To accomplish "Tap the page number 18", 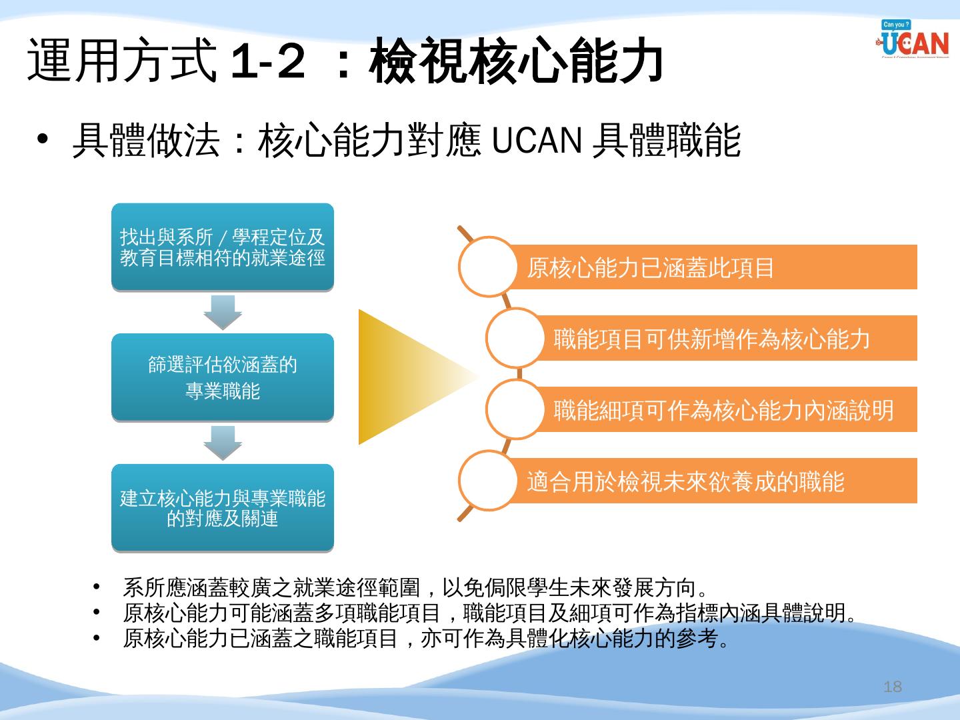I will pyautogui.click(x=892, y=687).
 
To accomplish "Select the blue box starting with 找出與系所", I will pyautogui.click(x=222, y=247).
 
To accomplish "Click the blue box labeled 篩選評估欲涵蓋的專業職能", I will pyautogui.click(x=222, y=377).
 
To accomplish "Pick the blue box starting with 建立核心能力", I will pyautogui.click(x=222, y=508).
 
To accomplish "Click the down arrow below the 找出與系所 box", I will pyautogui.click(x=222, y=312).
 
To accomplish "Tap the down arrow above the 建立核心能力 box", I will pyautogui.click(x=222, y=443).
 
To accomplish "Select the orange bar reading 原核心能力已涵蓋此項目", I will pyautogui.click(x=713, y=267).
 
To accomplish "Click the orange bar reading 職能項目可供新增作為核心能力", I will pyautogui.click(x=727, y=339).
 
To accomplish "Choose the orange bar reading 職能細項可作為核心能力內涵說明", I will pyautogui.click(x=727, y=410).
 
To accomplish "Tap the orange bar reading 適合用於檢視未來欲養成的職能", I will pyautogui.click(x=713, y=481).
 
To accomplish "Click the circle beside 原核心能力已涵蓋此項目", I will pyautogui.click(x=488, y=267).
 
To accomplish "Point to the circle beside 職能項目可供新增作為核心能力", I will pyautogui.click(x=515, y=338).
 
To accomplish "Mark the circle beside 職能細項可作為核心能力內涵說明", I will pyautogui.click(x=515, y=409).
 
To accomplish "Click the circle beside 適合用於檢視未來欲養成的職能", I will pyautogui.click(x=488, y=481).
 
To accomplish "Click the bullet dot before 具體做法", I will pyautogui.click(x=43, y=141).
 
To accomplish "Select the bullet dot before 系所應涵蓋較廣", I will pyautogui.click(x=97, y=587).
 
